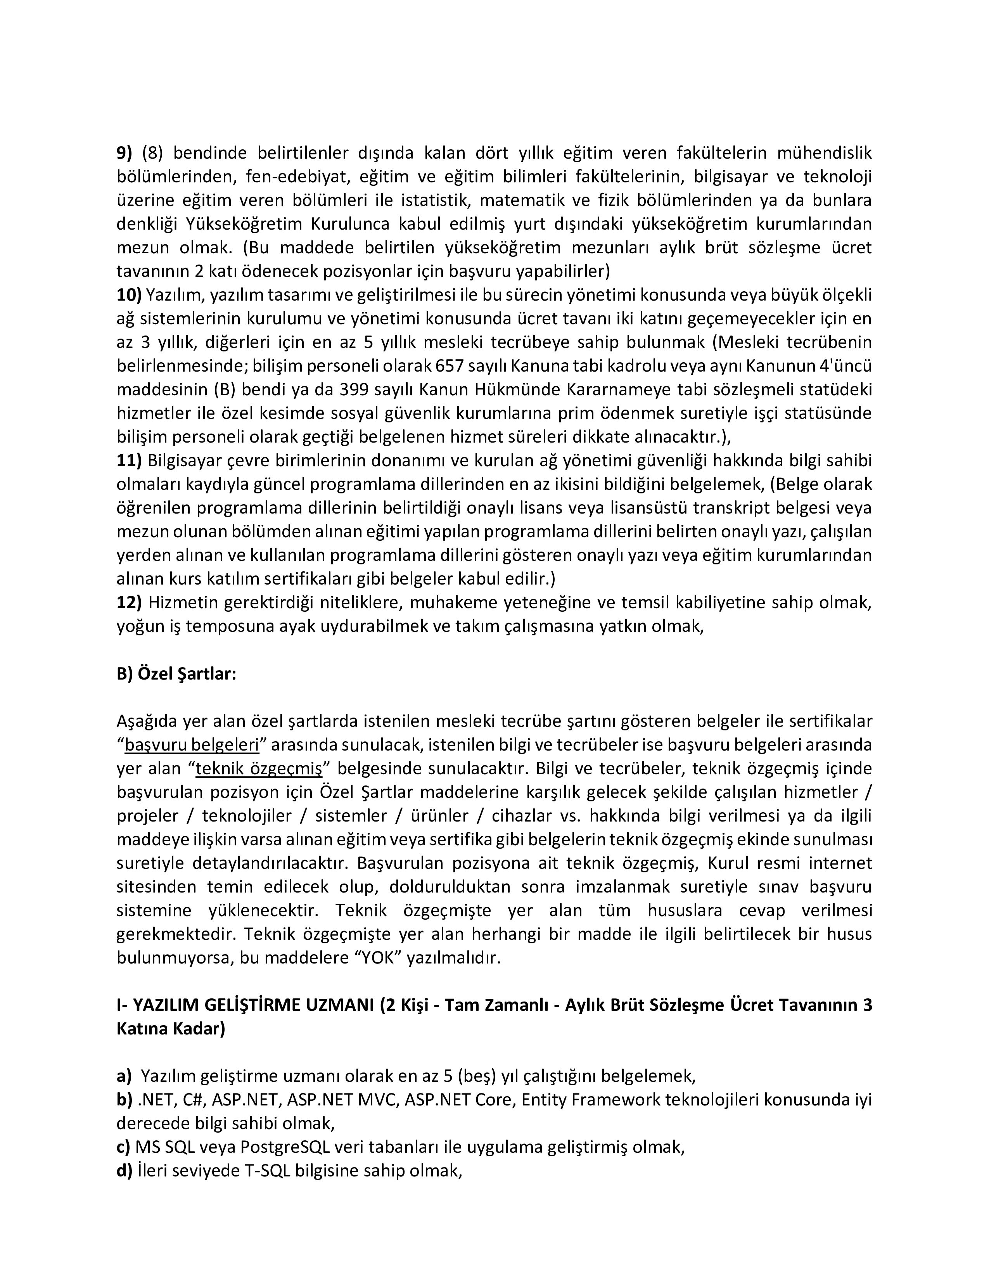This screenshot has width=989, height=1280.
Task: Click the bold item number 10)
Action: [129, 295]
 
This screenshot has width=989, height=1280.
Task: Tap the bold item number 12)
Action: [129, 602]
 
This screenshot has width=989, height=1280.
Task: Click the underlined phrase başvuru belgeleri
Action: [192, 745]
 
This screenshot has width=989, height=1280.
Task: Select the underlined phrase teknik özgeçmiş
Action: [259, 768]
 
